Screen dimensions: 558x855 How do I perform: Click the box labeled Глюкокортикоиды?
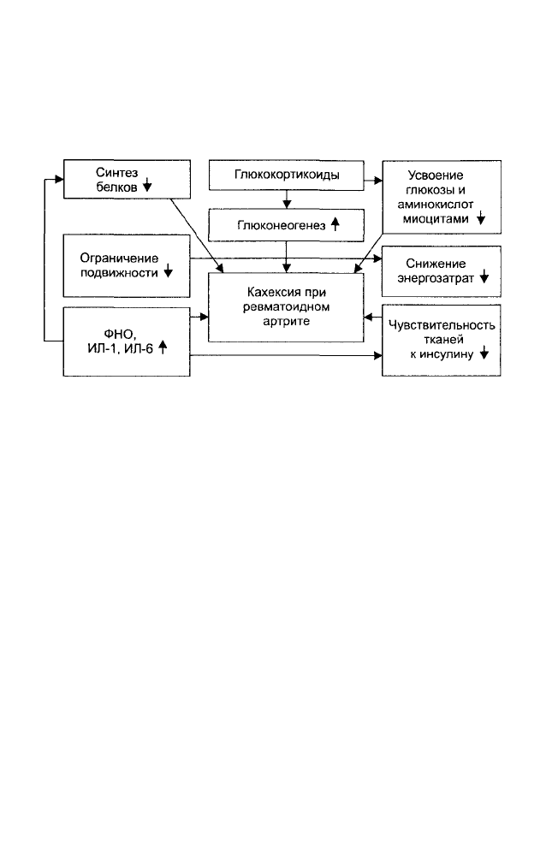(287, 175)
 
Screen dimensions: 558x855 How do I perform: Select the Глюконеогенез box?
(287, 225)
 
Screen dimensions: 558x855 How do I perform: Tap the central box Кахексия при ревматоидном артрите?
(286, 307)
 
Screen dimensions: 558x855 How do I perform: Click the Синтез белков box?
(128, 179)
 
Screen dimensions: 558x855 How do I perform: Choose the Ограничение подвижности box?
(127, 265)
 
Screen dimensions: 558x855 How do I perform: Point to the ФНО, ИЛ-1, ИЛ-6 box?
(127, 341)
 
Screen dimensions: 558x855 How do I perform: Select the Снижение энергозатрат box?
(442, 271)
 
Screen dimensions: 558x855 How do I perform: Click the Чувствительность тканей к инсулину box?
(442, 341)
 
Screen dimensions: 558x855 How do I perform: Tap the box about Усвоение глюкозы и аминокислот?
(442, 198)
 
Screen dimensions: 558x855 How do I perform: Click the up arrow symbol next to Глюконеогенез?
(335, 223)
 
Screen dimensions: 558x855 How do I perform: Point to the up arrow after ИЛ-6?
(162, 347)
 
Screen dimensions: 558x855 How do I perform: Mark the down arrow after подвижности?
(168, 270)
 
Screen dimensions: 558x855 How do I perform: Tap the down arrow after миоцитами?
(480, 218)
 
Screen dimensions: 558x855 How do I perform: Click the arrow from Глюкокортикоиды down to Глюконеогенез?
(287, 199)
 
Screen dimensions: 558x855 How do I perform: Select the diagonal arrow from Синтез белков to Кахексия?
(197, 235)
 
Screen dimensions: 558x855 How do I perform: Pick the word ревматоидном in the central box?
(287, 307)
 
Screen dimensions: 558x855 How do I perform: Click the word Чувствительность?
(442, 325)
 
